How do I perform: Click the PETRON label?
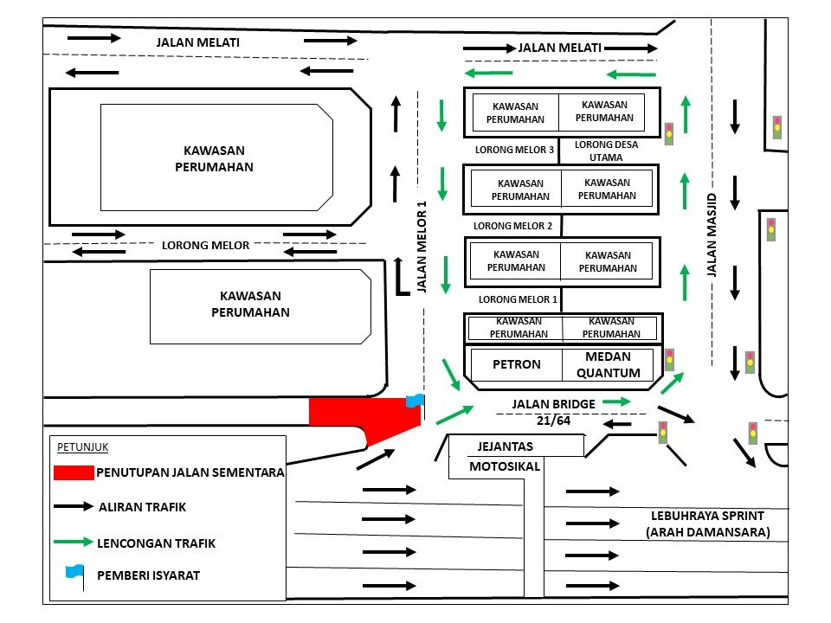[x=516, y=364]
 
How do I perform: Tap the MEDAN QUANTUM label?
[x=607, y=364]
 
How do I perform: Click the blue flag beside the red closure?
[x=416, y=401]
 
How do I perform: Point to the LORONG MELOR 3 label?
[x=514, y=150]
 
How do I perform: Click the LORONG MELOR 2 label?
[x=512, y=226]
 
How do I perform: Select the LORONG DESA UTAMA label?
[x=606, y=151]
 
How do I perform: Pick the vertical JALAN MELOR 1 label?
[x=422, y=247]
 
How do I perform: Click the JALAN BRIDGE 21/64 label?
[x=552, y=412]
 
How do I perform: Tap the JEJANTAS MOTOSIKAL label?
[x=506, y=456]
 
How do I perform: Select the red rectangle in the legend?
[x=73, y=472]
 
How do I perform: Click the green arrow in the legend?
[x=73, y=542]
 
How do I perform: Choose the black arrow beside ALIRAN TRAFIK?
[x=73, y=506]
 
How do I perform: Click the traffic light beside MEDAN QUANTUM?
[x=669, y=360]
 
